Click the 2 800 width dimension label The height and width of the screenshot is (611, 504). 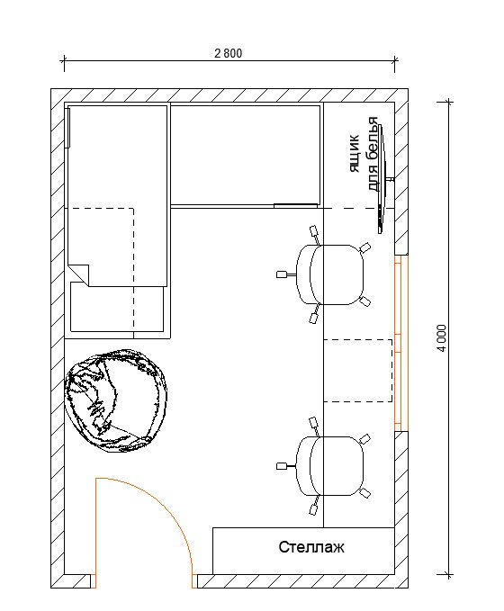click(228, 53)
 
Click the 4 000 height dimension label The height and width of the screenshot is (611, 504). click(441, 337)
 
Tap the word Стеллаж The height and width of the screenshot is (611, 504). click(311, 547)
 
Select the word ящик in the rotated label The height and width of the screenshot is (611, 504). click(354, 154)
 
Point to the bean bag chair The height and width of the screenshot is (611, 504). click(116, 401)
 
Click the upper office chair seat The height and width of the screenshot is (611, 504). click(330, 274)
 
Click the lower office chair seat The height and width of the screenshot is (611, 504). click(330, 466)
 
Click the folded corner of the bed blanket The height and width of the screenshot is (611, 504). click(79, 274)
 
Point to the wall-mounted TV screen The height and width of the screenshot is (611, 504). click(382, 179)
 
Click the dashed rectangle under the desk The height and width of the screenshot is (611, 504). click(358, 371)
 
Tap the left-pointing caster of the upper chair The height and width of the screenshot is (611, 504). click(282, 274)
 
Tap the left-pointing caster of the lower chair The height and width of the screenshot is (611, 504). click(282, 466)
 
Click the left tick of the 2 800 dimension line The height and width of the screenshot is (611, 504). click(64, 61)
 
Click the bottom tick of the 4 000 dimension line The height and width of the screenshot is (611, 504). click(448, 575)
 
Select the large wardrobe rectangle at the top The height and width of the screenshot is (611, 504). click(245, 154)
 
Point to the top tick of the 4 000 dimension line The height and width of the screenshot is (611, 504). click(448, 103)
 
